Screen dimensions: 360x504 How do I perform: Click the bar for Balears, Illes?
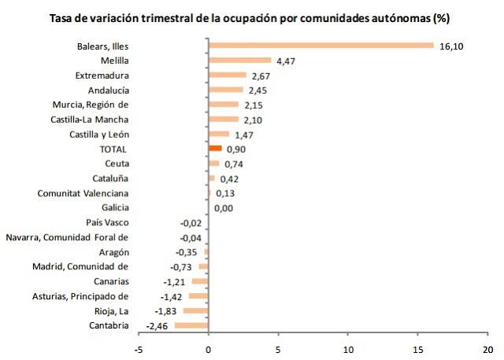point(321,45)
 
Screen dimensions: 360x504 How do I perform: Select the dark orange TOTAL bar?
point(215,148)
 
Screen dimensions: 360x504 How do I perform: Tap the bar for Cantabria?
point(191,325)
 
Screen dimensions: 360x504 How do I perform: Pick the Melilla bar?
point(239,60)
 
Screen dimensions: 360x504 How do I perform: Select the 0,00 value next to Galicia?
point(224,208)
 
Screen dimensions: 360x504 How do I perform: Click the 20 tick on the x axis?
point(487,349)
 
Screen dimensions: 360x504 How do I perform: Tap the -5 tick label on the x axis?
point(139,349)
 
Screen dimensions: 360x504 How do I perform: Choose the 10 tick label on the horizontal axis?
point(348,349)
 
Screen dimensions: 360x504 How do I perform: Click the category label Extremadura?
point(102,76)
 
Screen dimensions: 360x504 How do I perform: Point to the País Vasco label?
point(107,222)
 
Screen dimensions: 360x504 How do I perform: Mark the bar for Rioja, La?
point(195,310)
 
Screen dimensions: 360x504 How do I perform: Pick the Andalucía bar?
point(225,89)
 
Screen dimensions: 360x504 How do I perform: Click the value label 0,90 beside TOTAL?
point(236,149)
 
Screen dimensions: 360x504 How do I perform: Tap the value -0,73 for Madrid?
point(183,267)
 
